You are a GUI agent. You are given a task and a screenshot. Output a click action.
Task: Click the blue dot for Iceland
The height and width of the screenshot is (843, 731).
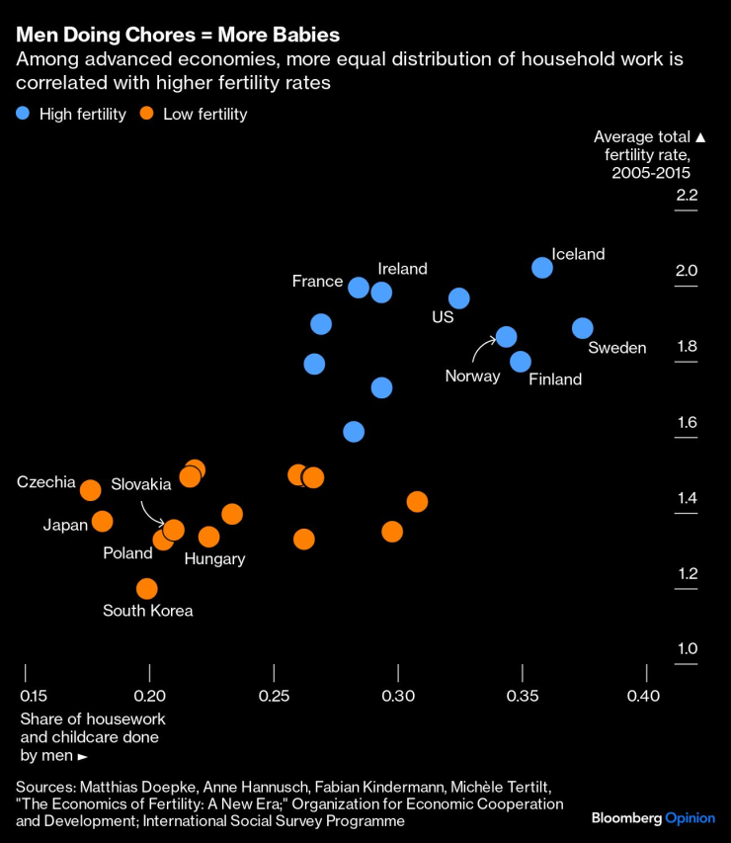[541, 268]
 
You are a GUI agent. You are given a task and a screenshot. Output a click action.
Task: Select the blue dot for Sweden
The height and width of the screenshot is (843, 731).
[583, 328]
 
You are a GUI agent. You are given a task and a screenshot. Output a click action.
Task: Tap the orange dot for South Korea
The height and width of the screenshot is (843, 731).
[147, 589]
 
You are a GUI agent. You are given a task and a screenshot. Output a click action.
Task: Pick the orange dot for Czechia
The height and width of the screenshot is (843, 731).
[90, 490]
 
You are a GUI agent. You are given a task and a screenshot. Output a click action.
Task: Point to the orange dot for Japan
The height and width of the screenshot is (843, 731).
[102, 521]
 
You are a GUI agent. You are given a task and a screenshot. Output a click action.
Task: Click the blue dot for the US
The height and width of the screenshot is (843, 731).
[458, 298]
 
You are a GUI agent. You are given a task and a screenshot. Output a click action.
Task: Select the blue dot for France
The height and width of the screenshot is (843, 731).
[359, 288]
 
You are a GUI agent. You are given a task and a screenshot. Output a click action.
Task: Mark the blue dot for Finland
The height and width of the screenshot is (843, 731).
[521, 362]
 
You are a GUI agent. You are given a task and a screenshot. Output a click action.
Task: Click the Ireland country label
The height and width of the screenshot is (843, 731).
[402, 269]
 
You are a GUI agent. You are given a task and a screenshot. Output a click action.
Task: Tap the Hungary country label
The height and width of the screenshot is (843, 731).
[214, 559]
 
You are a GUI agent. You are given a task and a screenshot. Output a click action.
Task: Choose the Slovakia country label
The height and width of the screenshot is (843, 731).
[141, 483]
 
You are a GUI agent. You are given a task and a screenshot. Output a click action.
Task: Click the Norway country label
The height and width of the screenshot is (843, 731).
[472, 377]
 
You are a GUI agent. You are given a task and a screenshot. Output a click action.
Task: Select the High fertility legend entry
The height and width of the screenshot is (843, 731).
[71, 114]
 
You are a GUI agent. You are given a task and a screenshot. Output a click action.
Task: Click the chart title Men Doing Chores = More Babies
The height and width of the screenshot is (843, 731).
[178, 35]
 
